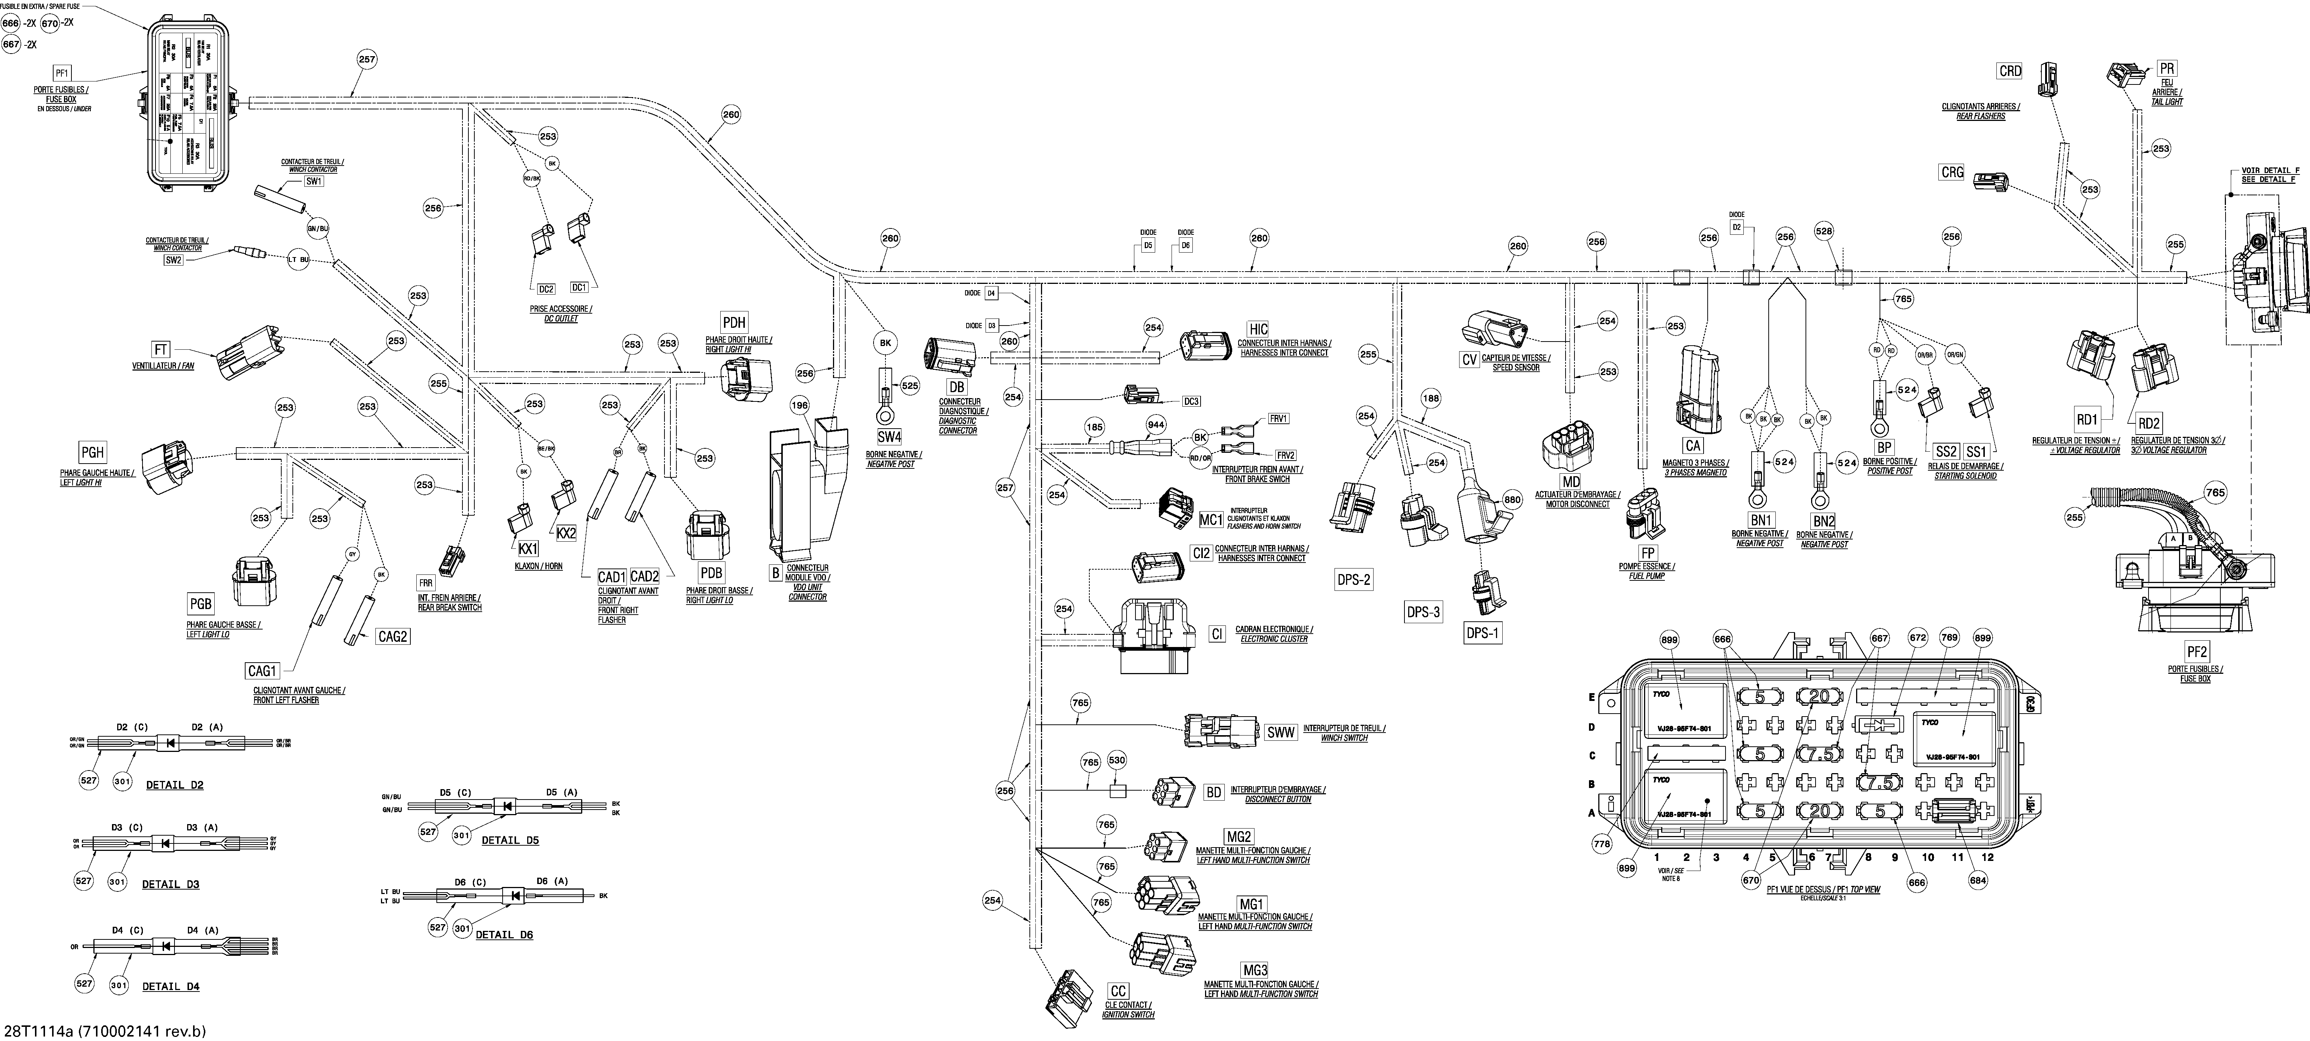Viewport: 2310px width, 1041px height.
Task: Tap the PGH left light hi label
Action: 92,454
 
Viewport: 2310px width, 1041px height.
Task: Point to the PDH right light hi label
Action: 734,323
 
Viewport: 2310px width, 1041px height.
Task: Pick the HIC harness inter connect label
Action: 1258,330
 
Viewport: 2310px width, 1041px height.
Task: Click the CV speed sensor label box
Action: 1469,359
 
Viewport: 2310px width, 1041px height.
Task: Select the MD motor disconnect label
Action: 1571,483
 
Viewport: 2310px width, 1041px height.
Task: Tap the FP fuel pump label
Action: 1648,553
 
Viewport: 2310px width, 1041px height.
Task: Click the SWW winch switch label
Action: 1281,733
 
